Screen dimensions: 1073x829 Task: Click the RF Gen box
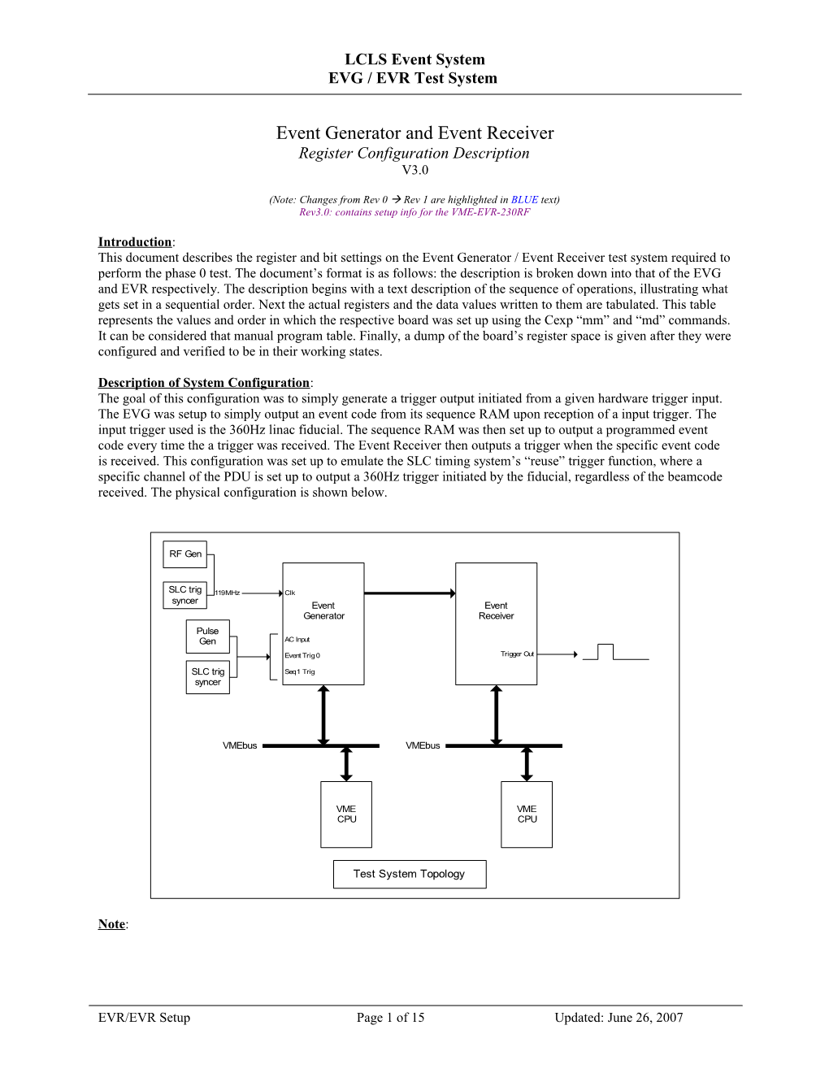(x=185, y=554)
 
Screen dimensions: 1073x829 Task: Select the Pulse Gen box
(x=208, y=636)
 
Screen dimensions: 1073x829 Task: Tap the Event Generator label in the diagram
(x=323, y=611)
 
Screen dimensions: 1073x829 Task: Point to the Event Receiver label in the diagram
(x=496, y=611)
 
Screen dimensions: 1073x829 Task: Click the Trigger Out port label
(x=517, y=654)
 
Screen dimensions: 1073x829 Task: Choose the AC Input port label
(x=297, y=640)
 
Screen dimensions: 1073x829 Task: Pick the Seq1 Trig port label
(x=300, y=672)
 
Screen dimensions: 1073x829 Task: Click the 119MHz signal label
(x=228, y=593)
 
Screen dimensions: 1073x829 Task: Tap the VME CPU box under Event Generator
(x=347, y=815)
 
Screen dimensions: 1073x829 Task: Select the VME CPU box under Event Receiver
(x=527, y=815)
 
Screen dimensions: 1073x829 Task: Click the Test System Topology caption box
(x=410, y=875)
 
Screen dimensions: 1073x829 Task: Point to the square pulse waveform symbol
(x=615, y=652)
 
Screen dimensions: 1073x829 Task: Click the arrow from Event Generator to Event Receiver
(x=410, y=593)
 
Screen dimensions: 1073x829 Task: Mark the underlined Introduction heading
(x=135, y=242)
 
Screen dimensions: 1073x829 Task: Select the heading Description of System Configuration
(x=204, y=383)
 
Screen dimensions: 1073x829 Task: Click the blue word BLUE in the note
(x=524, y=200)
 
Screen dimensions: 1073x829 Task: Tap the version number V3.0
(x=414, y=170)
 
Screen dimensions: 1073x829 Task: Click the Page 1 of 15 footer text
(x=390, y=1018)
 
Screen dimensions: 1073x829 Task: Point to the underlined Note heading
(x=111, y=924)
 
